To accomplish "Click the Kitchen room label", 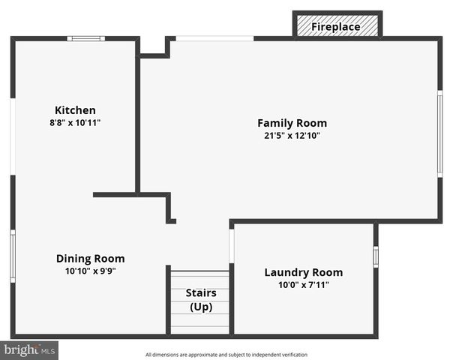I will coord(75,110).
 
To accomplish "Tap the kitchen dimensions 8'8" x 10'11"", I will coord(75,122).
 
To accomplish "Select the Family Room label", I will coord(292,123).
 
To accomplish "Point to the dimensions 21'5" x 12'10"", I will coord(292,136).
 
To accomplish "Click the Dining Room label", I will coord(90,259).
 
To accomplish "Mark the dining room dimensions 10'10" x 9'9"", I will coord(90,271).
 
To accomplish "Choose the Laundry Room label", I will coord(303,272).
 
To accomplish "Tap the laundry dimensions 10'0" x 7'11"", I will coord(303,285).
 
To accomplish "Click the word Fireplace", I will coord(335,27).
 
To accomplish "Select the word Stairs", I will coord(200,293).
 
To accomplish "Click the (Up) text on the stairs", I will coord(200,307).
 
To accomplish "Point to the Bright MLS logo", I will coord(30,350).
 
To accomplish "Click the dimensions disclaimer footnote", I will coord(226,355).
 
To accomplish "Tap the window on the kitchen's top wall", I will coord(85,38).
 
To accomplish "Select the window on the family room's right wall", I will coord(439,133).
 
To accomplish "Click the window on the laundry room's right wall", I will coord(376,256).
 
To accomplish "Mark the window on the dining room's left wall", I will coord(13,256).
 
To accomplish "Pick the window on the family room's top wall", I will coord(214,38).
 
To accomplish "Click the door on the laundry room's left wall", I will coord(232,246).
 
